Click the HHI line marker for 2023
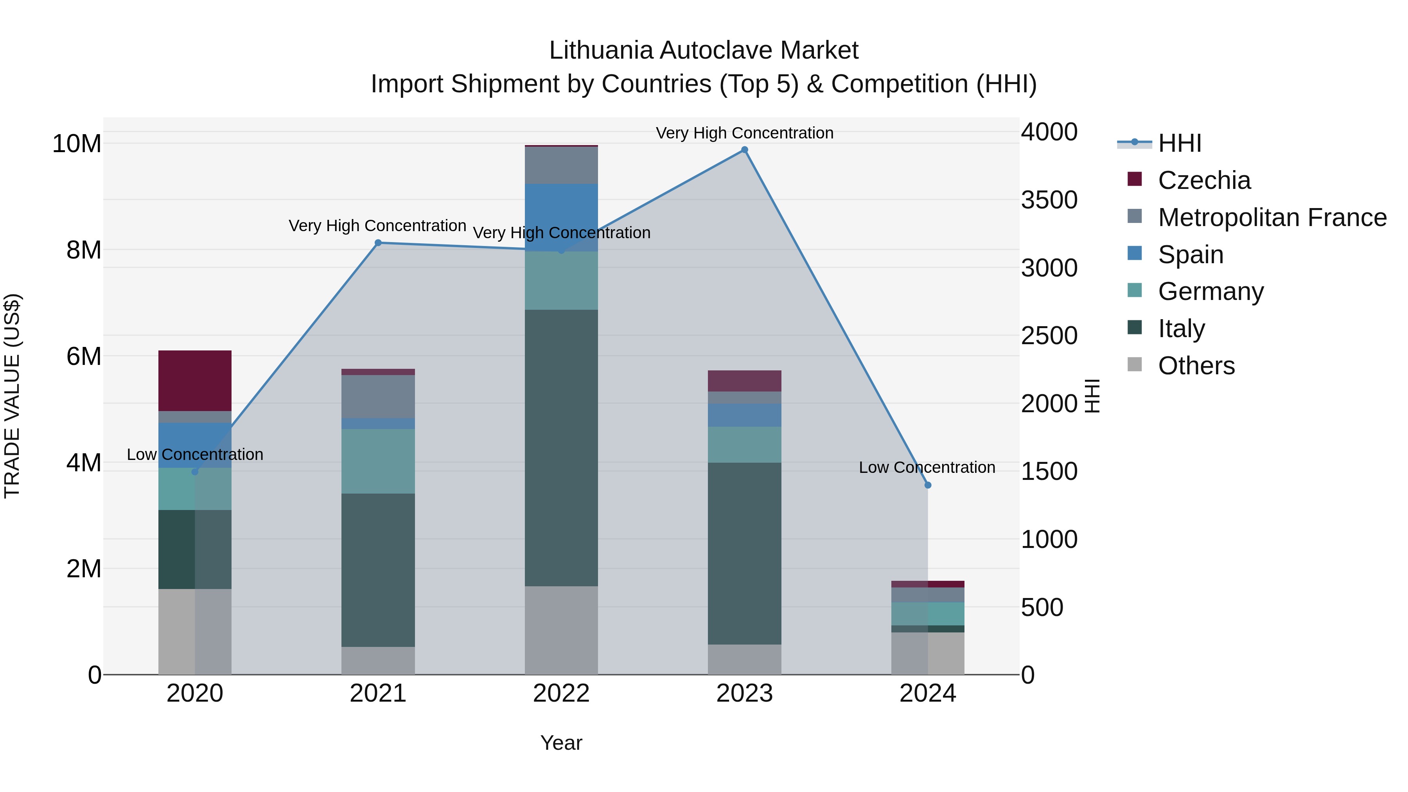[x=744, y=150]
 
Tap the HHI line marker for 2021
[x=378, y=242]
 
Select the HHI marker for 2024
[x=928, y=485]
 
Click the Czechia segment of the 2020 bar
[x=195, y=381]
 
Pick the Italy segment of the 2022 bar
[x=561, y=448]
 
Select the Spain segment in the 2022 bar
[x=561, y=217]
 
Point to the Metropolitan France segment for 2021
[x=378, y=396]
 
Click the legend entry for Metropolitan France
[x=1272, y=217]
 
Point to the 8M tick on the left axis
[x=84, y=250]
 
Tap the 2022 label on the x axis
[x=561, y=693]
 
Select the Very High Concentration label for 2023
[x=744, y=133]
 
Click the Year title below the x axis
[x=561, y=743]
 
